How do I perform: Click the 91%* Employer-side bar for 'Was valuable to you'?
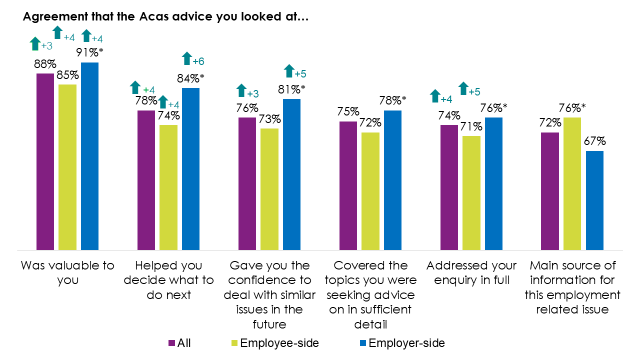(89, 156)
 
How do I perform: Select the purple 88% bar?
(45, 161)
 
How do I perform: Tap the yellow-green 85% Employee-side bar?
(67, 167)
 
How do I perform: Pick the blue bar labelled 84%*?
(190, 169)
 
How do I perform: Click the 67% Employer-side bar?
(594, 200)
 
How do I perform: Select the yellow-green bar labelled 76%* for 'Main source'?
(572, 183)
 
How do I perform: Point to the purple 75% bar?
(348, 185)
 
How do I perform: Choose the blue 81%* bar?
(291, 174)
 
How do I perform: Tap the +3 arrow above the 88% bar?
(35, 44)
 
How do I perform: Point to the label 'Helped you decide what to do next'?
(168, 280)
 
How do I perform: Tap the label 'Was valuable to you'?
(67, 272)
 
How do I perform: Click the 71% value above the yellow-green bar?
(471, 127)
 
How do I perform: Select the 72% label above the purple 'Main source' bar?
(550, 123)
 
